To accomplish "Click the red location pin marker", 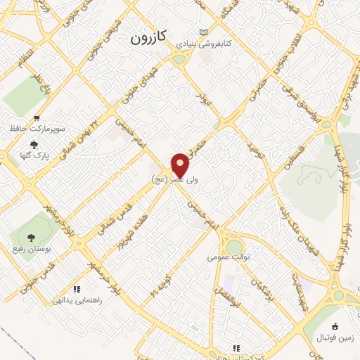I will coord(181,165).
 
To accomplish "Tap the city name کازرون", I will coord(148,39).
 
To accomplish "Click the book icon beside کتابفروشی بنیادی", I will coord(204,32).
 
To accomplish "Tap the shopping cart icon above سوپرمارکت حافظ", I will coord(36,119).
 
